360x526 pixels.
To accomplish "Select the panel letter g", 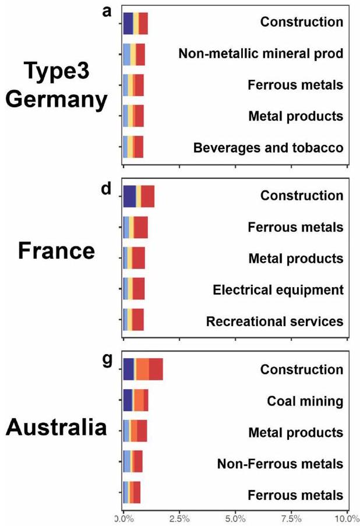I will point(107,361).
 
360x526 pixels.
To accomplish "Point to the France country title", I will point(57,251).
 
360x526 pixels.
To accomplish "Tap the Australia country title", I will point(57,429).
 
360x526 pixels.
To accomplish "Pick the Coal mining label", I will point(305,401).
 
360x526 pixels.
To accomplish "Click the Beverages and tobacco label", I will point(269,147).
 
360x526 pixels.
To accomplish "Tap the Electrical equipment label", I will point(278,290).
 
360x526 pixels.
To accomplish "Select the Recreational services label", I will point(275,321).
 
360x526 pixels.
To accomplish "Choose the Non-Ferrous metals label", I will point(280,464).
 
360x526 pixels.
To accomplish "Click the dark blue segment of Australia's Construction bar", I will point(128,369).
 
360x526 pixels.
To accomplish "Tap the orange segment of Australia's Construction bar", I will point(142,369).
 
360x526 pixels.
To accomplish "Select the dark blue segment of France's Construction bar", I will point(129,196).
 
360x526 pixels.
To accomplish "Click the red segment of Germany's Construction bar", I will point(143,23).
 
